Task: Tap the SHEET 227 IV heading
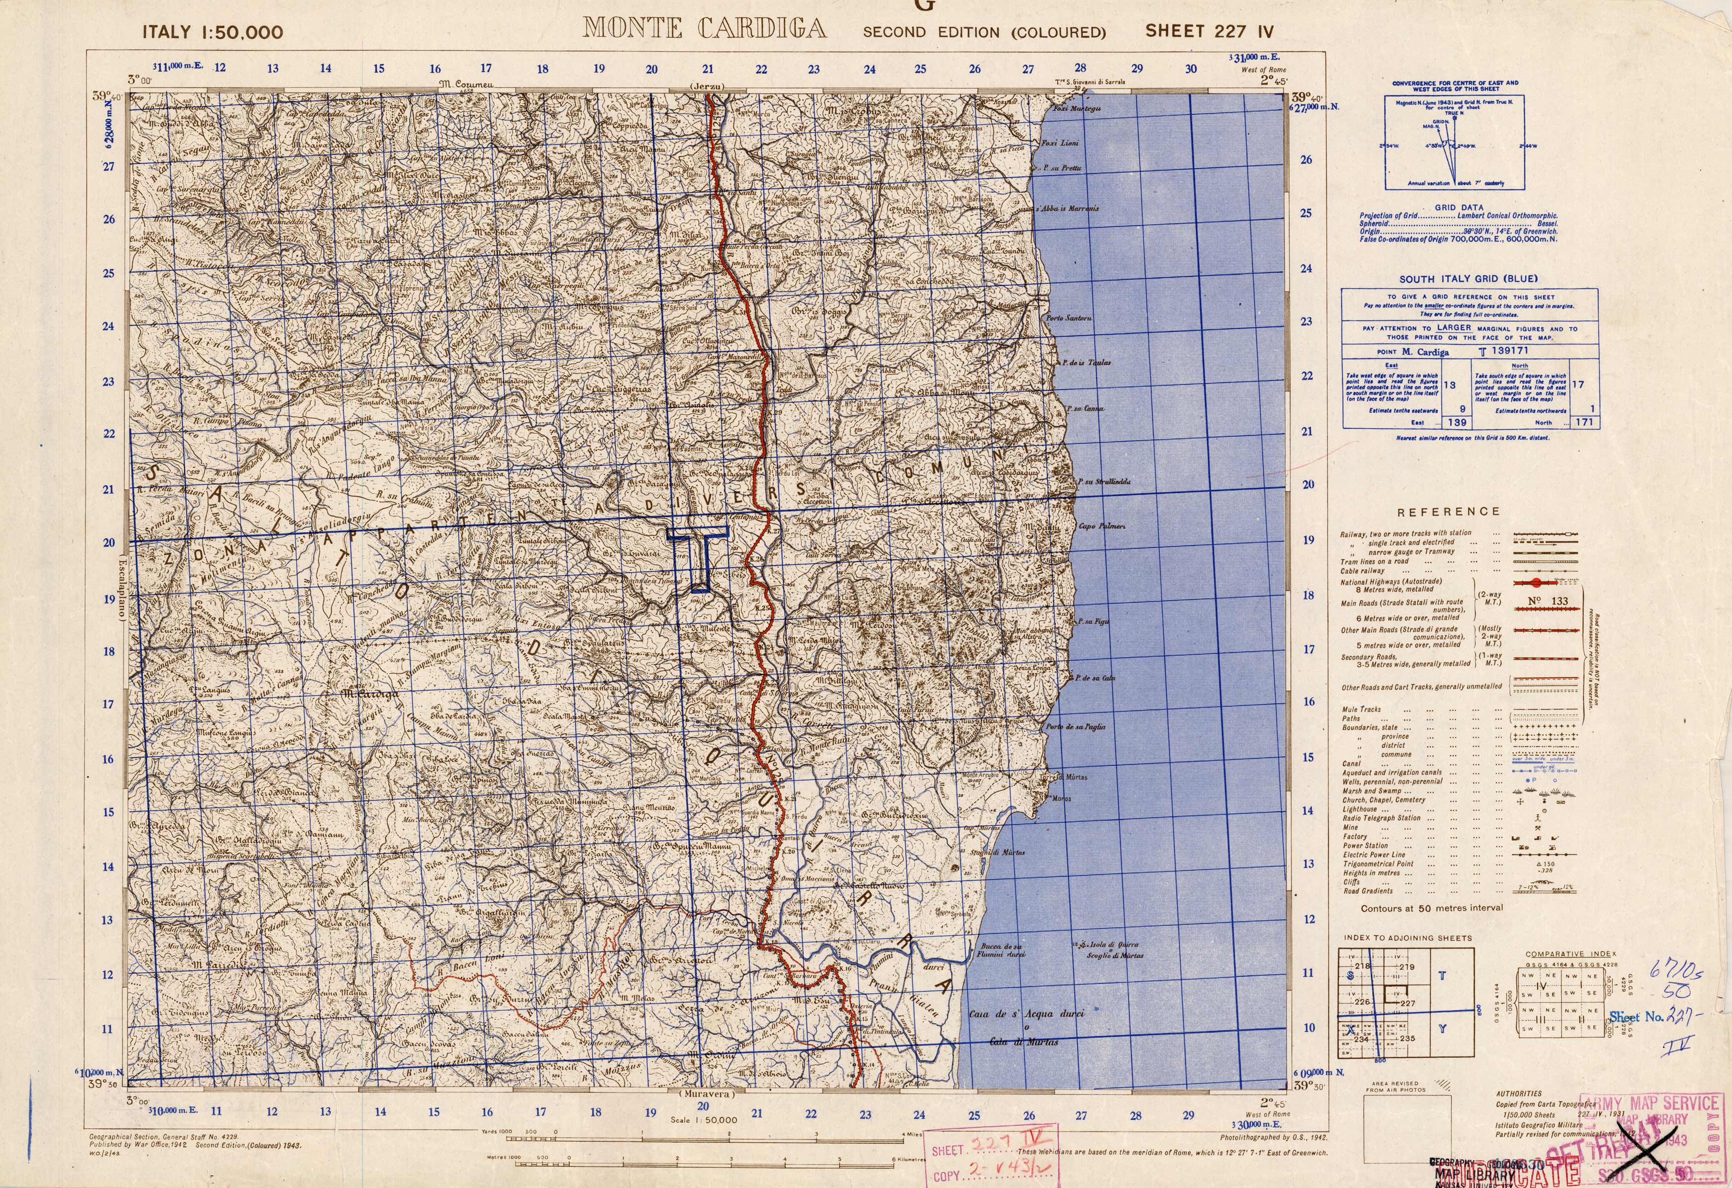(x=1209, y=31)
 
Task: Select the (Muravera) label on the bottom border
(x=707, y=1095)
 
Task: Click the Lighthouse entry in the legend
(x=1360, y=808)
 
